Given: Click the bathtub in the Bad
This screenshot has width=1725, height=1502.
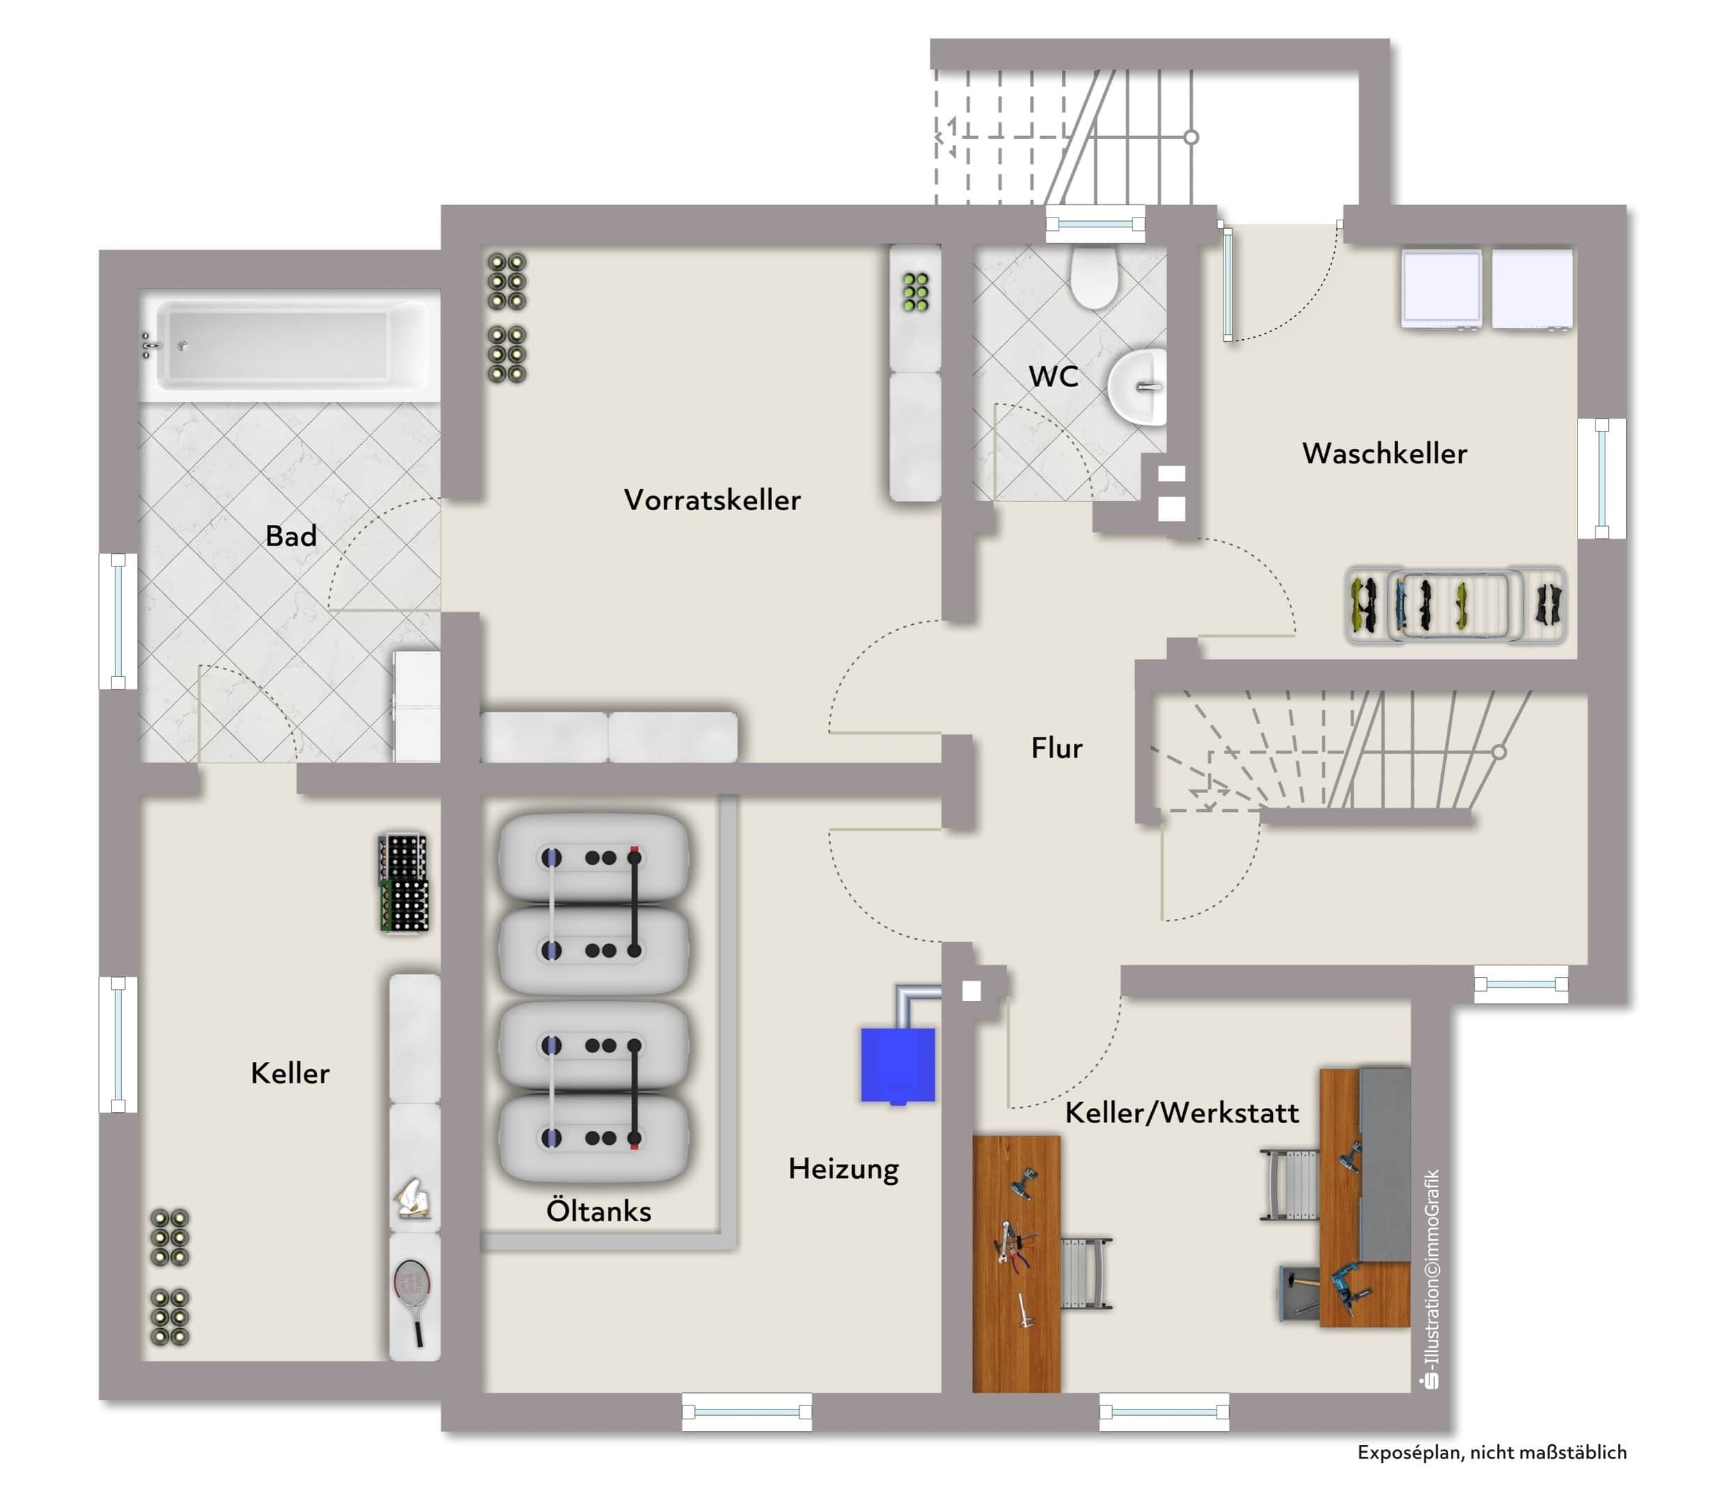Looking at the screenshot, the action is pyautogui.click(x=289, y=345).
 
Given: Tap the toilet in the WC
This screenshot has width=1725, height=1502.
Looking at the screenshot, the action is pyautogui.click(x=1094, y=277).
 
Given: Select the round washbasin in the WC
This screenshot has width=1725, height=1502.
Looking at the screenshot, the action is pyautogui.click(x=1138, y=387).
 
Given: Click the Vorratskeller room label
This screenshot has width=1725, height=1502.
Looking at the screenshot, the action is pyautogui.click(x=712, y=500).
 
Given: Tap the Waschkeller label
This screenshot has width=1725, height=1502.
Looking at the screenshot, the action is pyautogui.click(x=1385, y=453).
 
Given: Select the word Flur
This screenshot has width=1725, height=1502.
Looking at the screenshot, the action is pyautogui.click(x=1057, y=748).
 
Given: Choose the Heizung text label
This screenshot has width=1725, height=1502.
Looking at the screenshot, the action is pyautogui.click(x=844, y=1168).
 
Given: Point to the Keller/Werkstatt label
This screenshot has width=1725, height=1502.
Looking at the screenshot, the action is pyautogui.click(x=1182, y=1112).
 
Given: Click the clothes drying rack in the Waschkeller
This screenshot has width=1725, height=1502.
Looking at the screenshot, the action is pyautogui.click(x=1455, y=605).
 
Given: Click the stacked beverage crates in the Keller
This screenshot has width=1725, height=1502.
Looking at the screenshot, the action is pyautogui.click(x=404, y=883).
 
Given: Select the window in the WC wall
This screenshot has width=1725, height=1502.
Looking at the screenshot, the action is pyautogui.click(x=1096, y=224).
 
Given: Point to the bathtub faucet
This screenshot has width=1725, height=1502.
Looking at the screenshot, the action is pyautogui.click(x=150, y=345).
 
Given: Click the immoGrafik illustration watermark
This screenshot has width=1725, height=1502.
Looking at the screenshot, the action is pyautogui.click(x=1432, y=1278).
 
